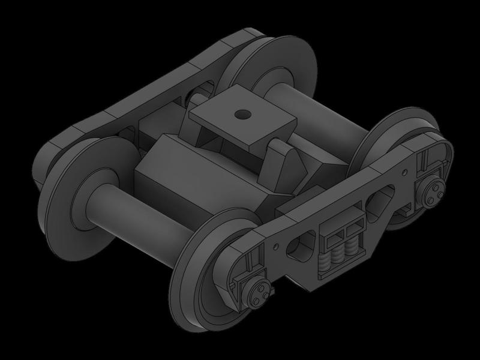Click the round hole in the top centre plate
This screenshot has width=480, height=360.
242,113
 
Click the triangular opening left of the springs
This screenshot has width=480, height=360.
298,246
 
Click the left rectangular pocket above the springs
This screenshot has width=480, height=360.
332,233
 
